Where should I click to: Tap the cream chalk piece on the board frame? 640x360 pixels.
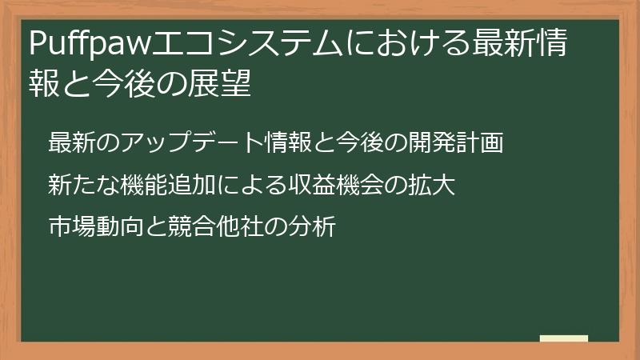[x=563, y=339]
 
